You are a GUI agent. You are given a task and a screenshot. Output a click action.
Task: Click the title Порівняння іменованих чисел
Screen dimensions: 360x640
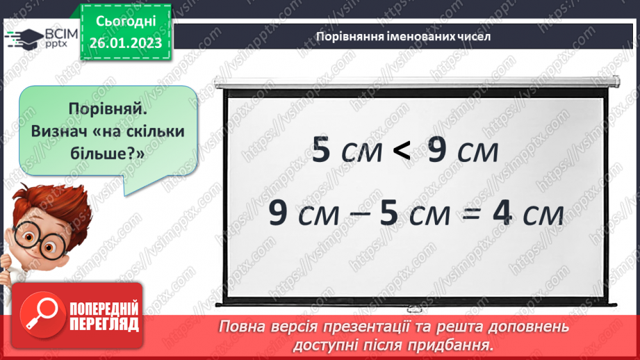[x=403, y=37]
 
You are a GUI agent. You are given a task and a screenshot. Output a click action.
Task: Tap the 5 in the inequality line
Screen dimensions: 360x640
[x=321, y=150]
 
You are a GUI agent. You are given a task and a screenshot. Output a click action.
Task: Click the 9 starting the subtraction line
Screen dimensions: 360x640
[x=277, y=214]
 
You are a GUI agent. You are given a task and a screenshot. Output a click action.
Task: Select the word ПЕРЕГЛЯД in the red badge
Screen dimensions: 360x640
[x=104, y=324]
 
